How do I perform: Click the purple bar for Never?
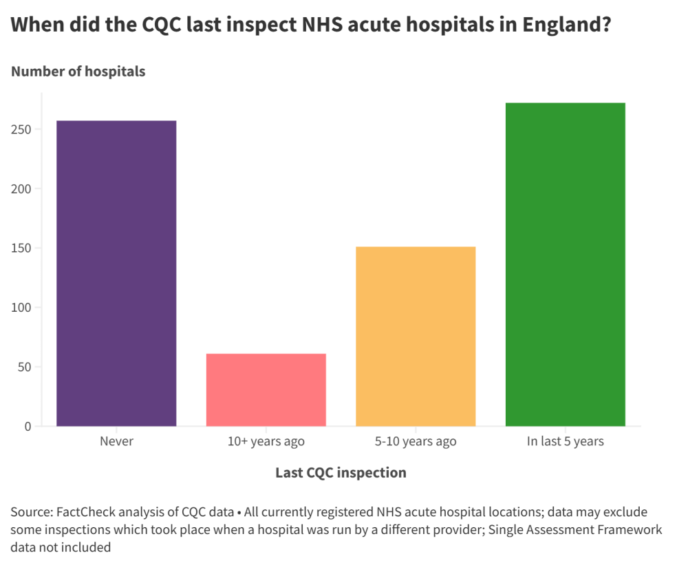point(116,273)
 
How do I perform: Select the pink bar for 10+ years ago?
point(266,390)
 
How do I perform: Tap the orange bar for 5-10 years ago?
point(416,336)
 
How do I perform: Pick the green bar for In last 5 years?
point(565,264)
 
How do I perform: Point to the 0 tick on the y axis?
point(28,427)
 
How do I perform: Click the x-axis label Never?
point(116,441)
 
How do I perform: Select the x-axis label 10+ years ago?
point(266,441)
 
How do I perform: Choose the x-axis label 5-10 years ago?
point(416,441)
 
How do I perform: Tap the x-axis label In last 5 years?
point(565,441)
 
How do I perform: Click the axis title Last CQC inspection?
point(341,473)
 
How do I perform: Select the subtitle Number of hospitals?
point(78,72)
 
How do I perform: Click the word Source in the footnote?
point(31,513)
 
